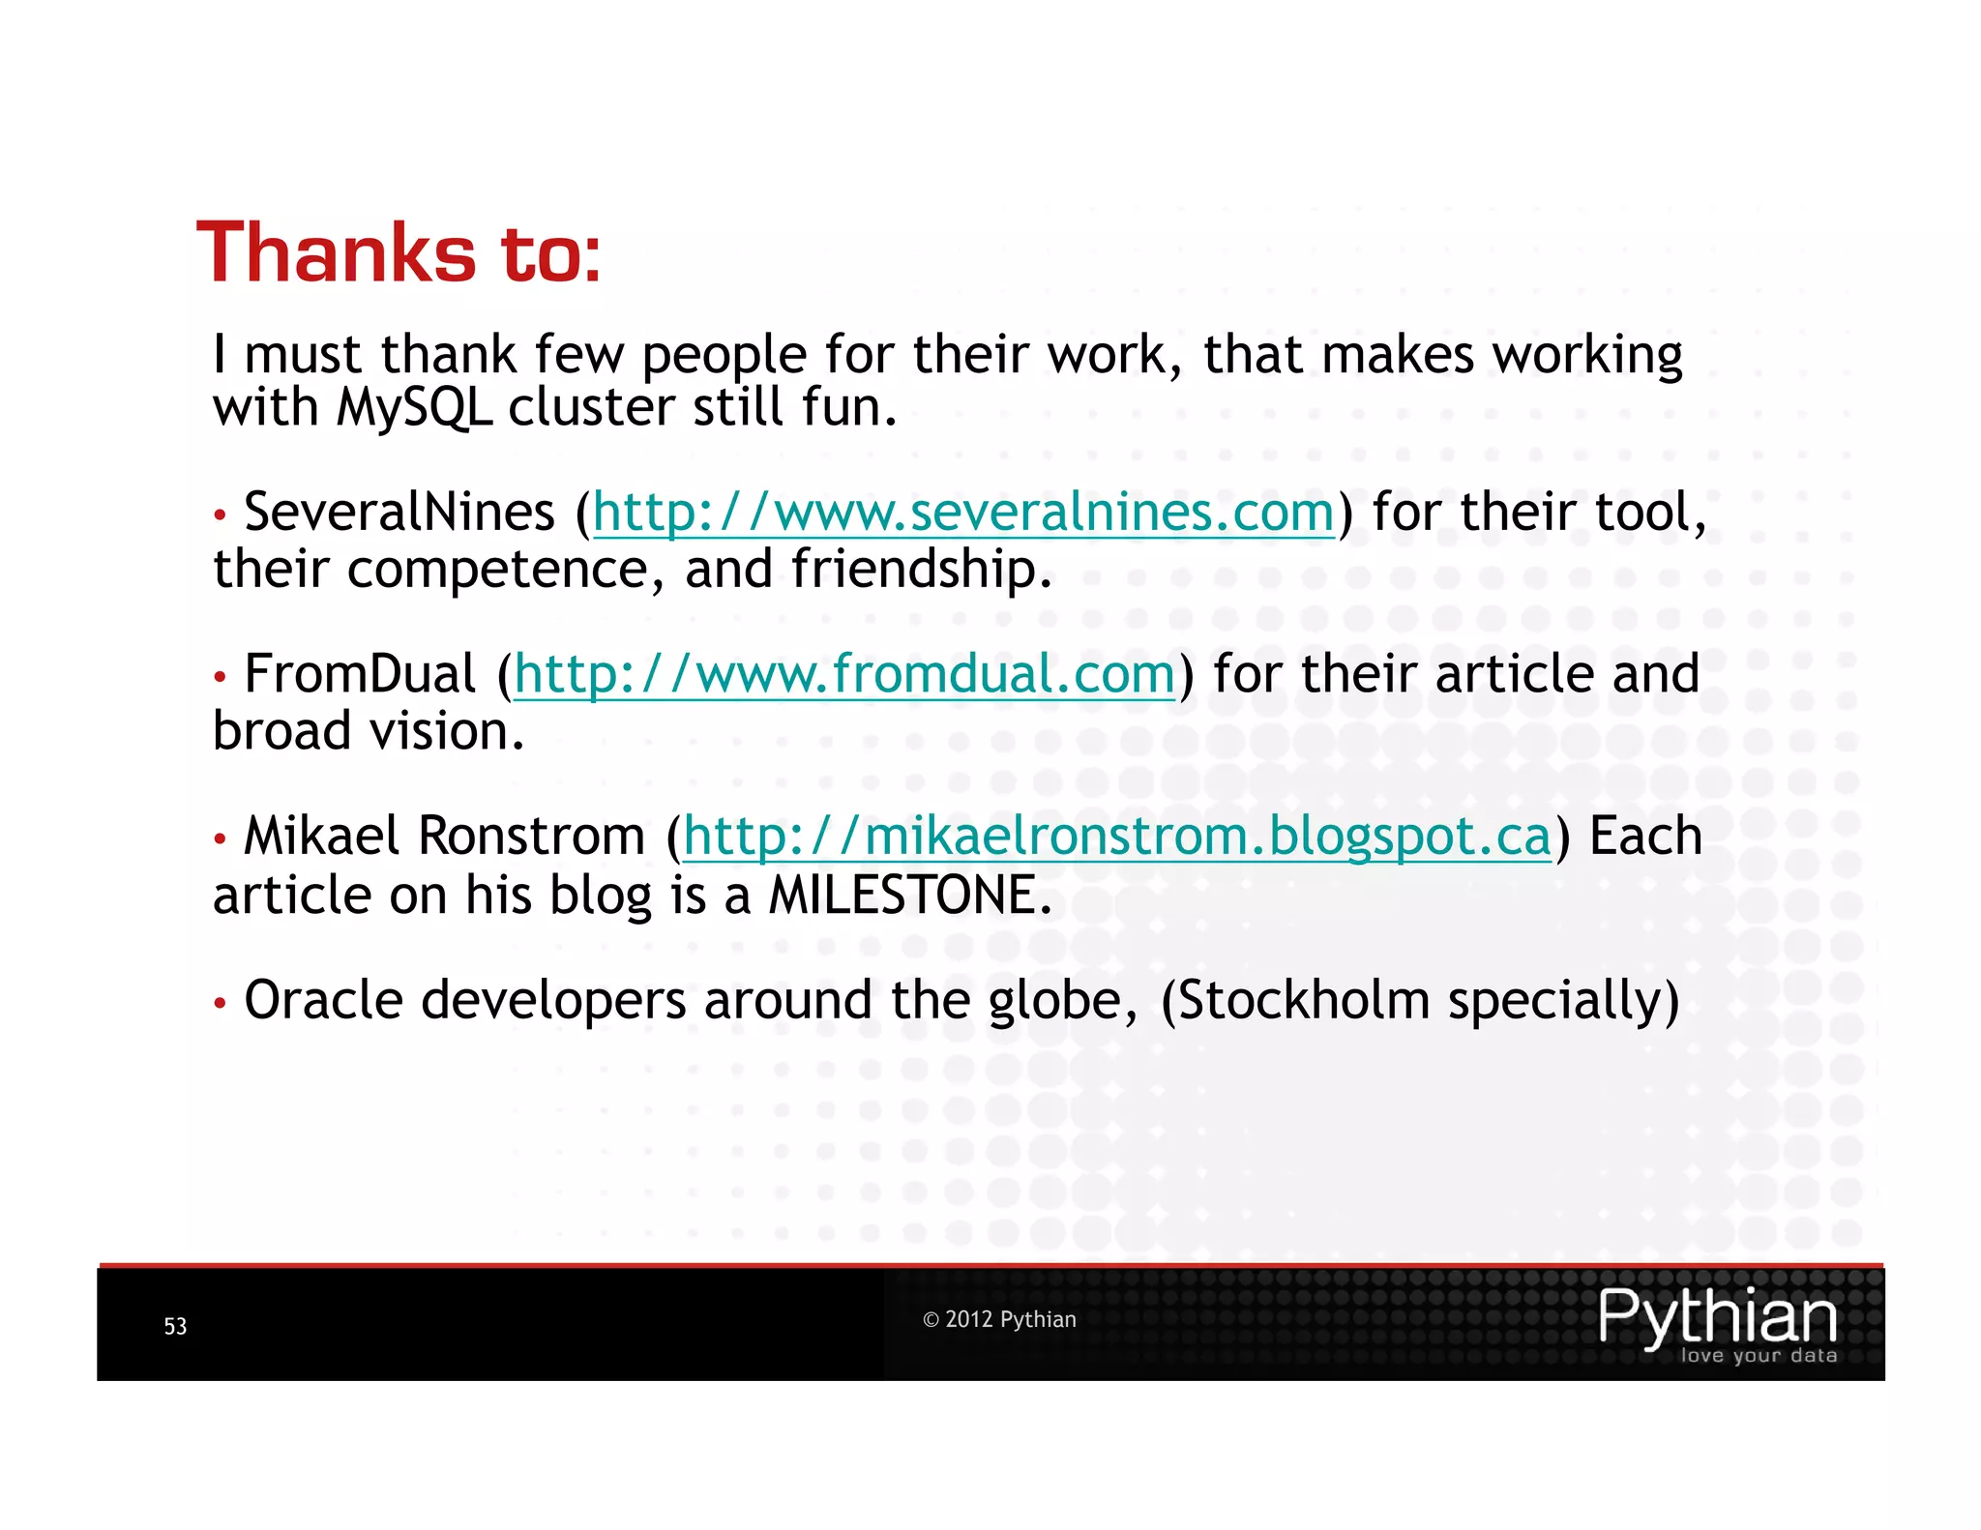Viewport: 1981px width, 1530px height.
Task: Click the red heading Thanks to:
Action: point(399,253)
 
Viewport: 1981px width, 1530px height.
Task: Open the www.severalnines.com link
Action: point(963,513)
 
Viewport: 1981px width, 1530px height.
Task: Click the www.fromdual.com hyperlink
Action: point(844,674)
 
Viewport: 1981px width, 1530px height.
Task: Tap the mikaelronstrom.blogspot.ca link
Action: point(1117,837)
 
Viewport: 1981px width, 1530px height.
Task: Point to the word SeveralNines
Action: point(399,513)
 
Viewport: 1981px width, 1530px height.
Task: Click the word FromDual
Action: point(360,674)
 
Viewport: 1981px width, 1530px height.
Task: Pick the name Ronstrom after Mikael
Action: point(531,837)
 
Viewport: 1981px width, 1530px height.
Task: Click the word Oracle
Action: point(323,1000)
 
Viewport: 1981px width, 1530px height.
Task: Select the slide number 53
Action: point(175,1326)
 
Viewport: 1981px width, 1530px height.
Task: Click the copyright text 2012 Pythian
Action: point(999,1319)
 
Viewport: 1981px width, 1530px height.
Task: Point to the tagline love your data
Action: point(1759,1355)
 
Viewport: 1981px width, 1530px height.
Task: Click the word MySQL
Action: point(414,408)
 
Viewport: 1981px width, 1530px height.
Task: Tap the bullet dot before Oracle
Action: point(221,1004)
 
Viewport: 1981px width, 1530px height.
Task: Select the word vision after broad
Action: point(440,732)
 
